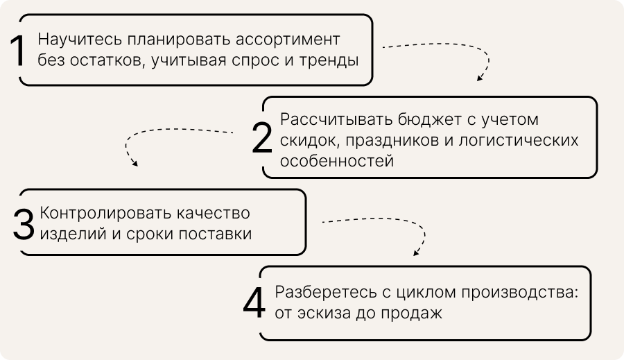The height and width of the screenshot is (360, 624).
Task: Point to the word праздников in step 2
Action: [x=387, y=141]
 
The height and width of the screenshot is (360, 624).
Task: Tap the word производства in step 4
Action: [x=512, y=291]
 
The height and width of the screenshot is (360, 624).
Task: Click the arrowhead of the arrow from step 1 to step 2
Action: [x=479, y=78]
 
